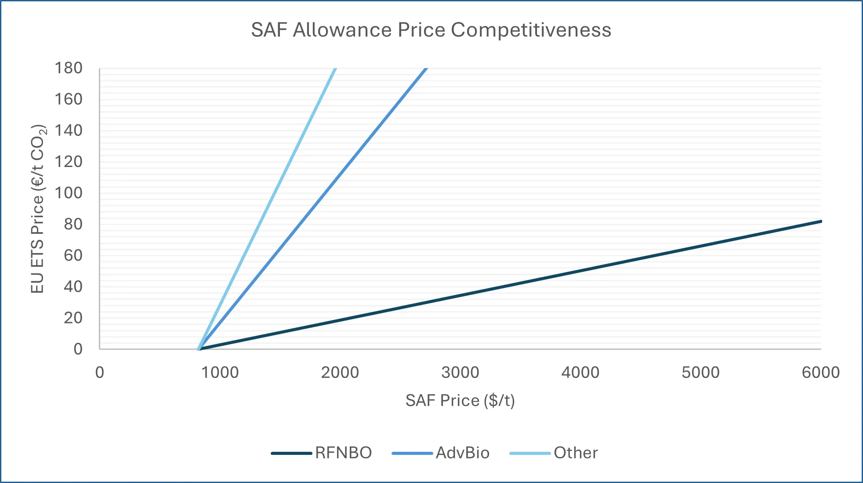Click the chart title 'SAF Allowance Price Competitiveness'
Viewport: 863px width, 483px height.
click(x=431, y=30)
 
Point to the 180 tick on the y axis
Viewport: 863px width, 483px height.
click(x=69, y=68)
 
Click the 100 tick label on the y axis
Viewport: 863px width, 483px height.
click(x=69, y=193)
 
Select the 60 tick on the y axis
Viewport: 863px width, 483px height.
click(x=73, y=255)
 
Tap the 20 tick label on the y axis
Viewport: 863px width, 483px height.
click(x=73, y=318)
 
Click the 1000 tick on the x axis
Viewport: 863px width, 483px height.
click(x=220, y=373)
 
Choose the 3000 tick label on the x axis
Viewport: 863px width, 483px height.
click(x=460, y=373)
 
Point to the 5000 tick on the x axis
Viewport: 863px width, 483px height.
click(x=700, y=373)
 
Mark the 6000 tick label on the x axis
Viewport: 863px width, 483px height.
click(x=820, y=373)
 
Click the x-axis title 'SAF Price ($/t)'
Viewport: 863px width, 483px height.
click(x=460, y=400)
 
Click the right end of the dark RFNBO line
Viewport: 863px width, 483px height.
click(x=820, y=222)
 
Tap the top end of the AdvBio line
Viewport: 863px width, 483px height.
click(x=425, y=69)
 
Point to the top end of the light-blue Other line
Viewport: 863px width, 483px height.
click(x=335, y=69)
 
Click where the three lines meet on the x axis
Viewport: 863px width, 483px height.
click(x=199, y=349)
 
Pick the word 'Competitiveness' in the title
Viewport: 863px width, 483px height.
click(x=531, y=30)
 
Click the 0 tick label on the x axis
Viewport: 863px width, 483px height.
click(x=100, y=373)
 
